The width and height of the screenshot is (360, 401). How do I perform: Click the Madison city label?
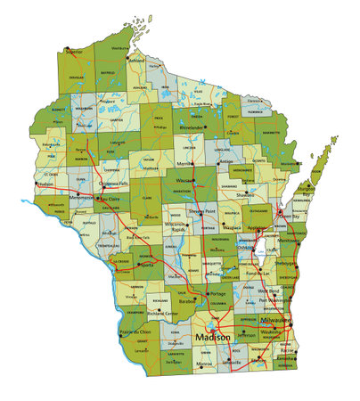coord(211,339)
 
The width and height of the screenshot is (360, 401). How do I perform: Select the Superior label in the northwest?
coord(73,52)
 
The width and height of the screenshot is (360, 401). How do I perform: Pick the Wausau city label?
coord(186,181)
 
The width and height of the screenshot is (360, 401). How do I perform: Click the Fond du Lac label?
coord(258,273)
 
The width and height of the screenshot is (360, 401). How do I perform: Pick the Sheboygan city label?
coord(285,265)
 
